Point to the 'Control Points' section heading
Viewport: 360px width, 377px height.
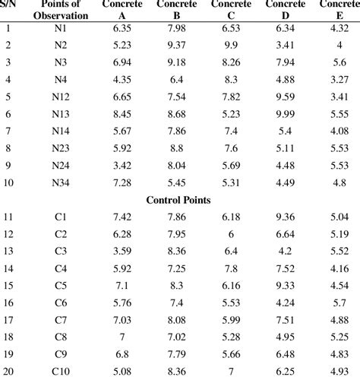point(179,200)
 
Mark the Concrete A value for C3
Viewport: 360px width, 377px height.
point(122,250)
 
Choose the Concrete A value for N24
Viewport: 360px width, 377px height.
point(122,165)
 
